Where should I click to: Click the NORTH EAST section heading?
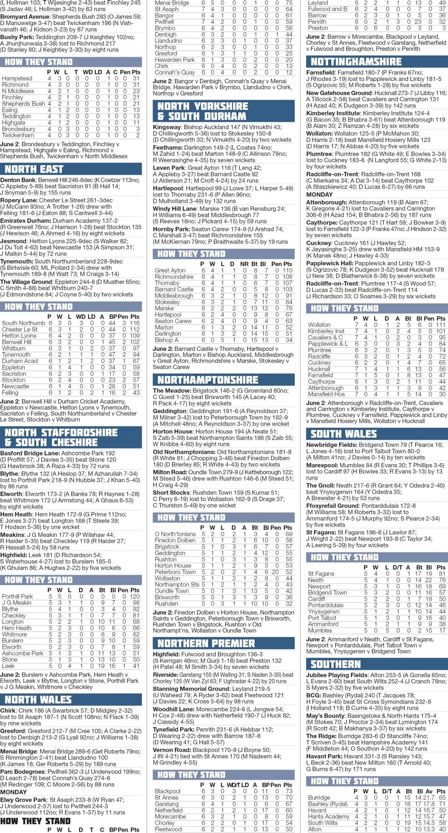pos(34,169)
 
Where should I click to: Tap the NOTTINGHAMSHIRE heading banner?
pos(356,62)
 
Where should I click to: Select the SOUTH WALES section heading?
pos(344,434)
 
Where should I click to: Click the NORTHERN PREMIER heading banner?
pos(206,643)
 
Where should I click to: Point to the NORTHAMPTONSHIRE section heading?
pos(208,380)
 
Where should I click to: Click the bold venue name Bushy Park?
pos(17,37)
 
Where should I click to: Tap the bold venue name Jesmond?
pos(13,241)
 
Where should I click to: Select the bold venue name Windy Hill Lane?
pos(175,209)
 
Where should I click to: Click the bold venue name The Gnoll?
pos(320,485)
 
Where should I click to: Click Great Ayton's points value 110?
pos(287,270)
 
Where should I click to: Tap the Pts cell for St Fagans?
pos(442,574)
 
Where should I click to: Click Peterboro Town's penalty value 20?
pos(276,572)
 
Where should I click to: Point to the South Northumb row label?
pos(23,323)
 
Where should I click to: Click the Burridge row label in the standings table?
pos(319,797)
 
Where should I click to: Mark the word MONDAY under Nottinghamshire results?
pos(319,195)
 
